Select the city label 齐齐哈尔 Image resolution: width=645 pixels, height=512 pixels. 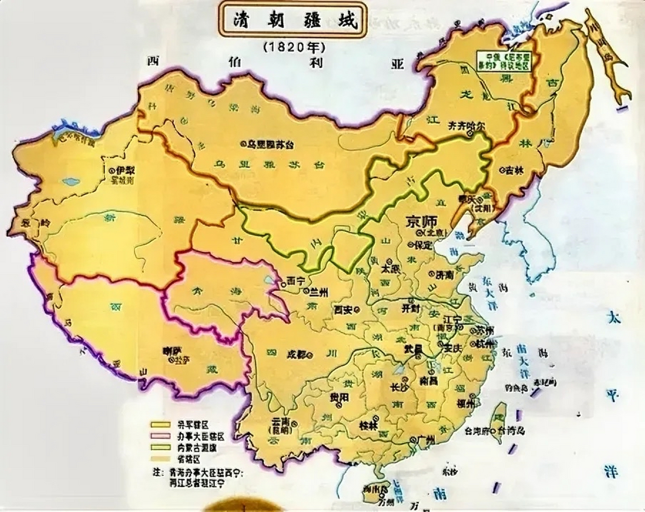click(x=466, y=125)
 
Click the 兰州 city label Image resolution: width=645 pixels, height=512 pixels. click(x=319, y=292)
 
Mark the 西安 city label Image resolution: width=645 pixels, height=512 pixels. click(x=344, y=309)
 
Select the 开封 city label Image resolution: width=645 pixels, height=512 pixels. click(x=410, y=308)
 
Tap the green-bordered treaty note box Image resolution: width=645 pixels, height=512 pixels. click(x=503, y=61)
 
